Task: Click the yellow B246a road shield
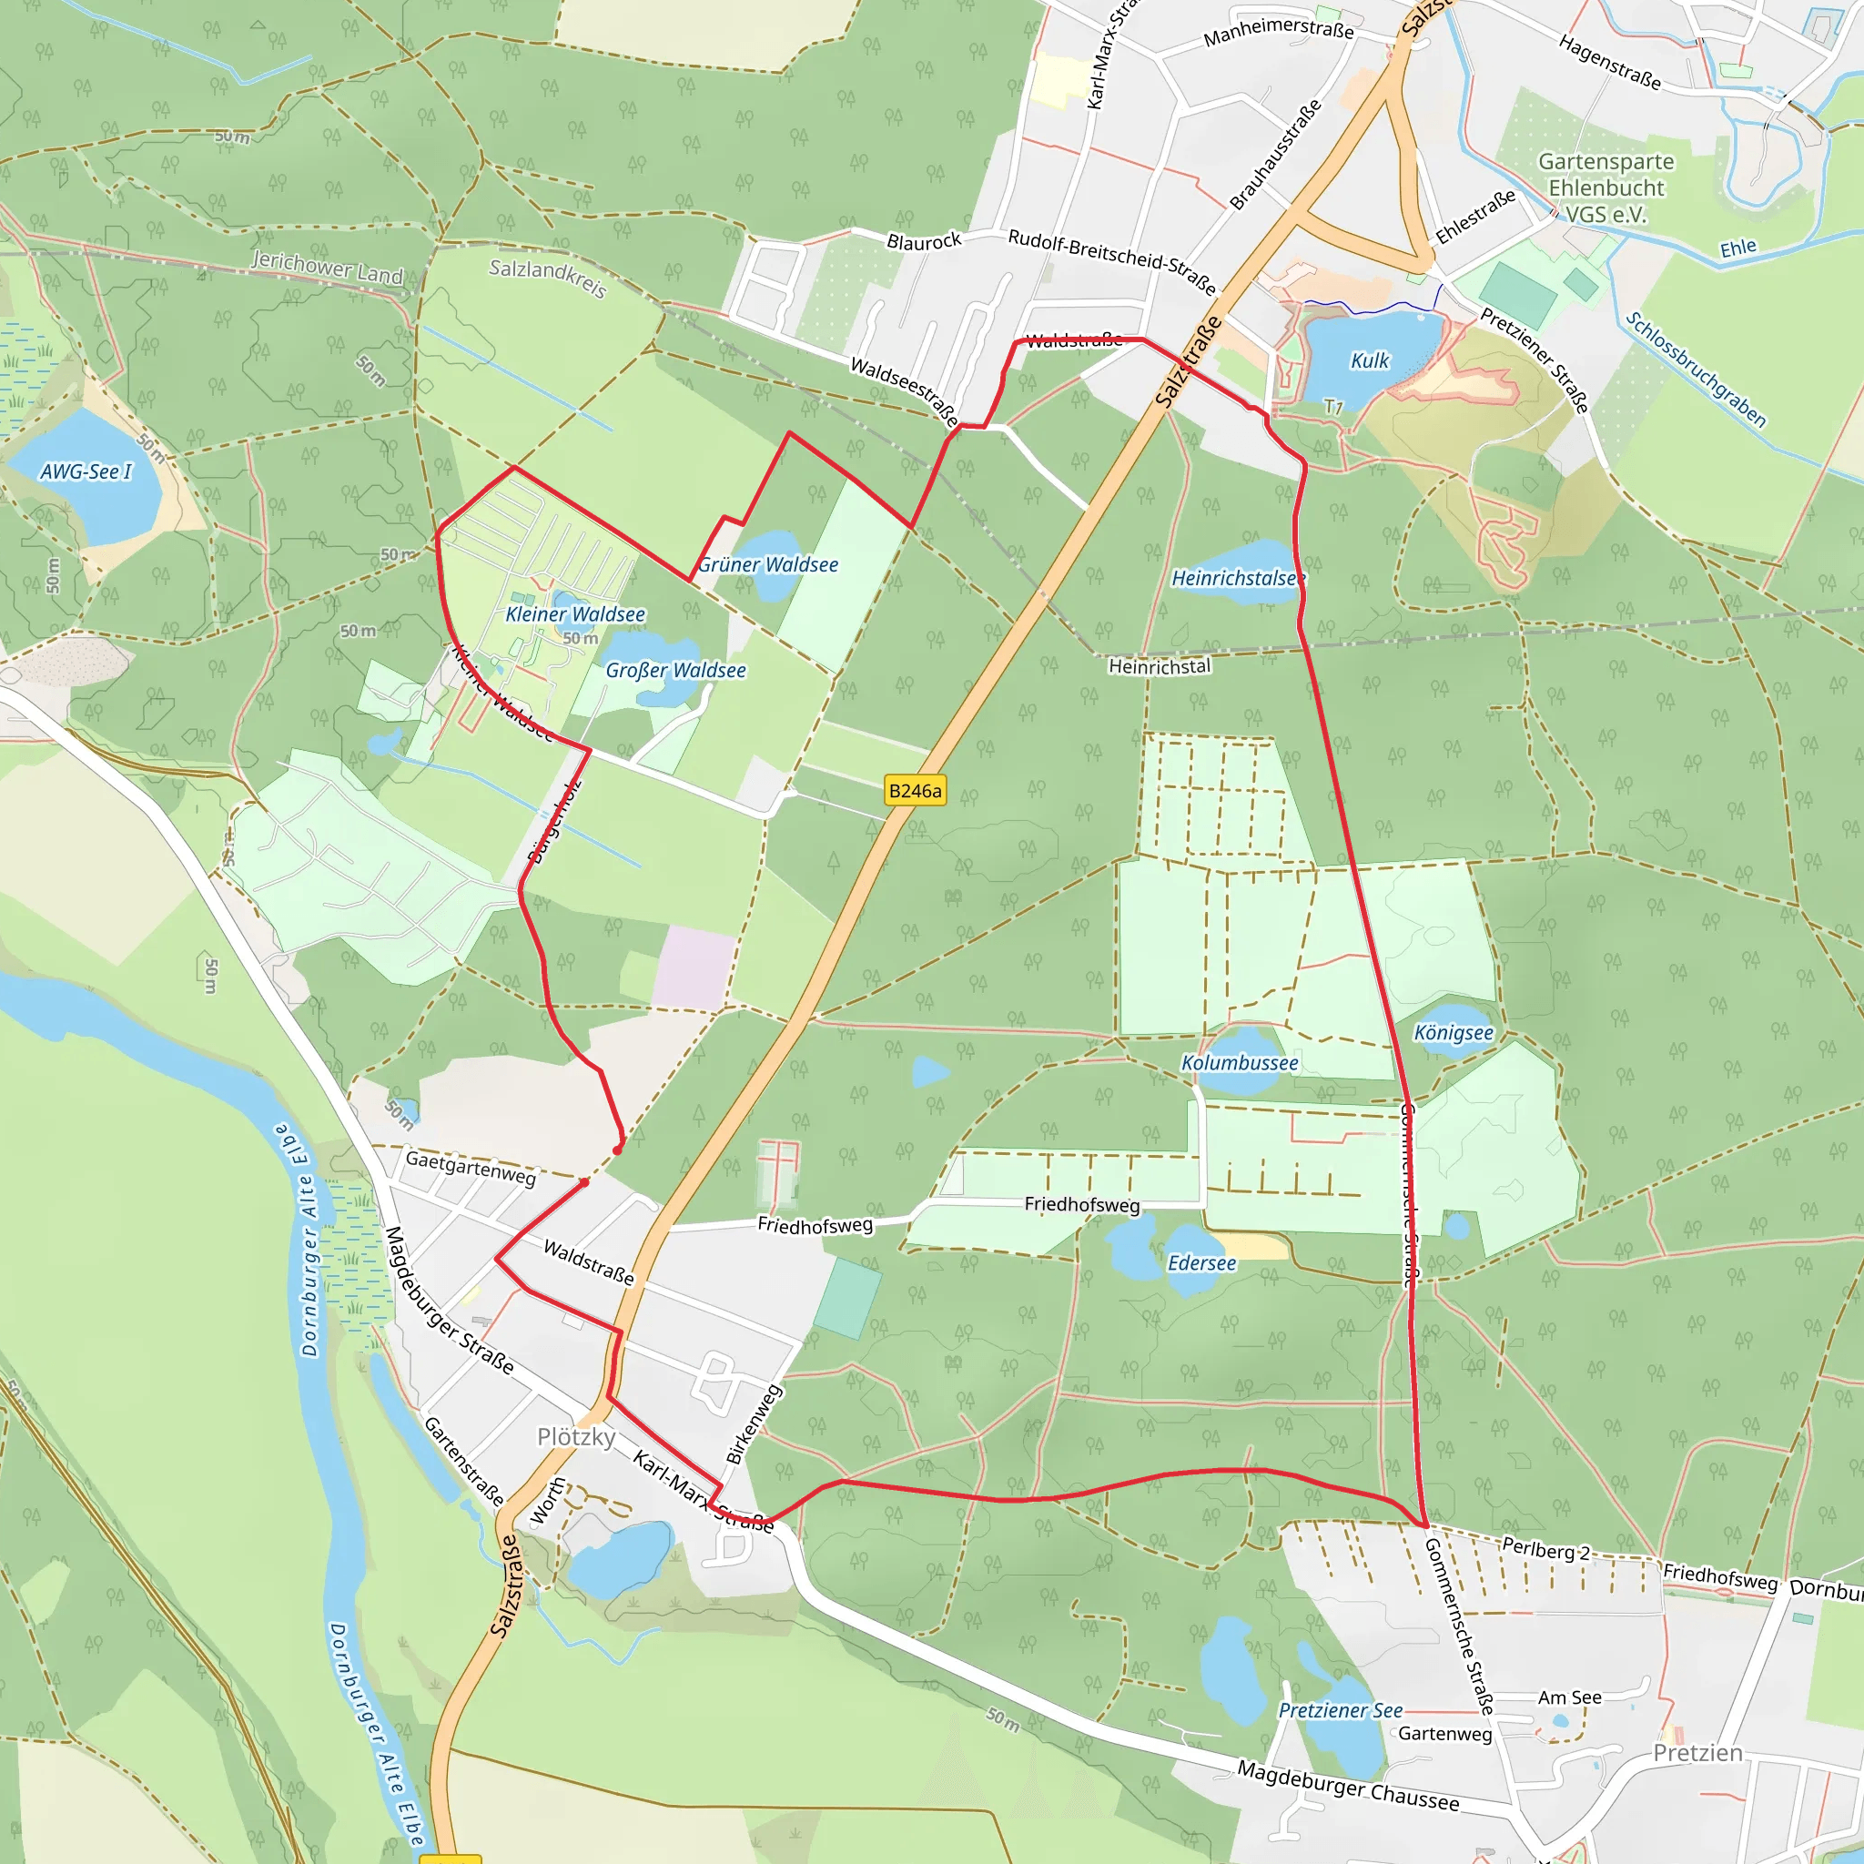(x=915, y=791)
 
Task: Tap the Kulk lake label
(x=1369, y=360)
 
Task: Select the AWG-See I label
(x=86, y=471)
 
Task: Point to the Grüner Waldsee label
(x=768, y=564)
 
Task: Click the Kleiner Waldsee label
(x=575, y=614)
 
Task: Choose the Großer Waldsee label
(x=675, y=671)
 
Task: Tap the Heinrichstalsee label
(x=1238, y=578)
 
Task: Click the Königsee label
(x=1453, y=1032)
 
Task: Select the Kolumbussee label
(x=1240, y=1062)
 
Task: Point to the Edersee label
(x=1201, y=1263)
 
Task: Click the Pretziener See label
(x=1340, y=1710)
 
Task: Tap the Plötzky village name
(x=576, y=1436)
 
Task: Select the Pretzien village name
(x=1698, y=1753)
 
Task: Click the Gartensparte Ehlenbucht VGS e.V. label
(x=1606, y=188)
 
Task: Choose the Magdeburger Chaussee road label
(x=1348, y=1785)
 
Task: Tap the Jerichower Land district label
(x=327, y=268)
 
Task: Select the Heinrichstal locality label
(x=1159, y=666)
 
